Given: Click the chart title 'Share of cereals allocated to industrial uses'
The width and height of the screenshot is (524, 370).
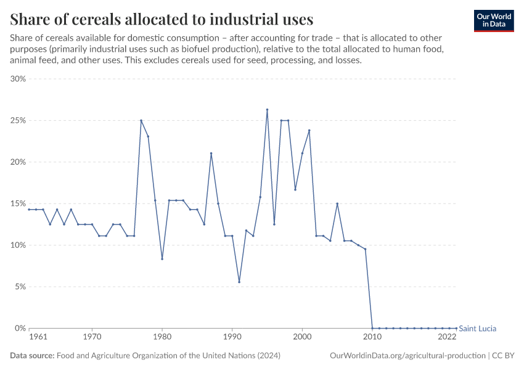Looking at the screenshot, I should (x=162, y=18).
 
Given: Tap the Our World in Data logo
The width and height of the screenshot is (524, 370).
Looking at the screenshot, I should (x=493, y=20).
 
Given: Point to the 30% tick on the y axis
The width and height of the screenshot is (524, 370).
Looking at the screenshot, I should (x=17, y=79).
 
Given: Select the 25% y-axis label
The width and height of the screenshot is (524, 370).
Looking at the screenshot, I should (x=17, y=120).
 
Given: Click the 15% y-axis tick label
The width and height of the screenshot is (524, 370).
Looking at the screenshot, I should (x=17, y=203).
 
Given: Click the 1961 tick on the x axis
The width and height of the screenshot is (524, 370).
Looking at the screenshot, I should (x=38, y=337).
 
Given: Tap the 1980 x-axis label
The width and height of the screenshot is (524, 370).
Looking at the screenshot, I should (x=162, y=337).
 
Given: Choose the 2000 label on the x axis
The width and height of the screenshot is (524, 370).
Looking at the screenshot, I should (x=302, y=337).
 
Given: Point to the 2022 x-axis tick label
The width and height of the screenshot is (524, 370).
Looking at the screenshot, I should (x=447, y=337).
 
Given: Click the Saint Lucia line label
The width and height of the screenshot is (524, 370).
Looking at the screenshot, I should (x=478, y=329).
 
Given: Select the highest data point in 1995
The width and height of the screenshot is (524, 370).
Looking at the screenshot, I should (x=267, y=110).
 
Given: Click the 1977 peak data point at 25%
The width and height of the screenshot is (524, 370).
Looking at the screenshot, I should (x=141, y=120).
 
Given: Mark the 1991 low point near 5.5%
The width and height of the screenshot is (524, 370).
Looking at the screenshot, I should (x=239, y=282).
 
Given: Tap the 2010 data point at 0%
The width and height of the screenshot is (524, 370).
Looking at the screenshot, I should (x=372, y=328).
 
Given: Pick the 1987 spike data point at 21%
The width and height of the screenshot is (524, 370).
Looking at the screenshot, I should (x=211, y=154).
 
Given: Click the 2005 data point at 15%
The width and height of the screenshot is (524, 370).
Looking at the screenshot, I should (x=337, y=203).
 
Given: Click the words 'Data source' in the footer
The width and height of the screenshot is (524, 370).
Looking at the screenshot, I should (x=31, y=356).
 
